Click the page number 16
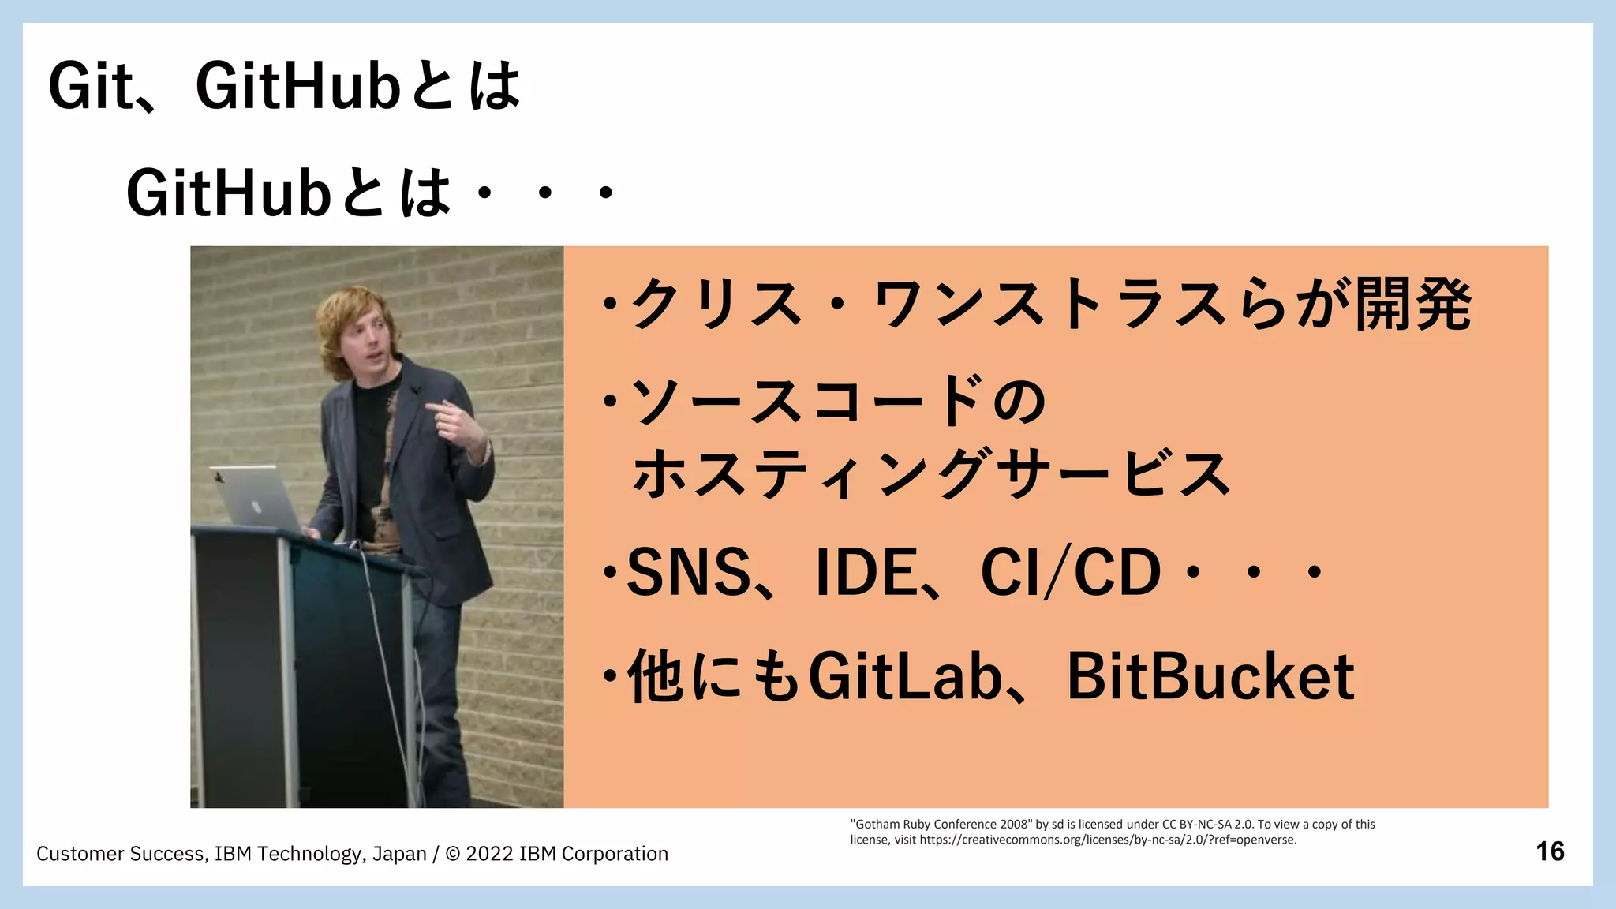1550,851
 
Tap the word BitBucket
1210,677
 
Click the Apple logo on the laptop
256,507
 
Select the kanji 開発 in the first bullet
1412,305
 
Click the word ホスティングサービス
931,473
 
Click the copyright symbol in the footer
453,854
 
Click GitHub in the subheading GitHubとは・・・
227,193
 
